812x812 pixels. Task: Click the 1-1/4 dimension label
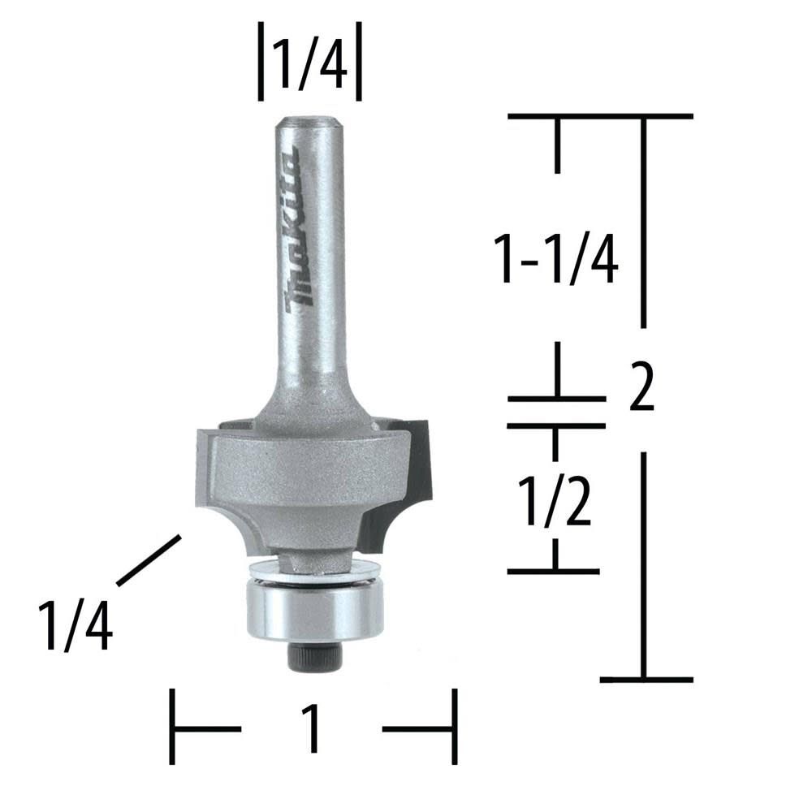(558, 258)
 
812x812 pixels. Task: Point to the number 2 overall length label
(641, 387)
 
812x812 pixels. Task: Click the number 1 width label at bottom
(311, 728)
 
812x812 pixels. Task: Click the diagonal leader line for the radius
(148, 560)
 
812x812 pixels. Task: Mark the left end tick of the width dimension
(172, 727)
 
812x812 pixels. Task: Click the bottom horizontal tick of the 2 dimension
(646, 679)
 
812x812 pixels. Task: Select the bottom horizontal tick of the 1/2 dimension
(554, 571)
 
